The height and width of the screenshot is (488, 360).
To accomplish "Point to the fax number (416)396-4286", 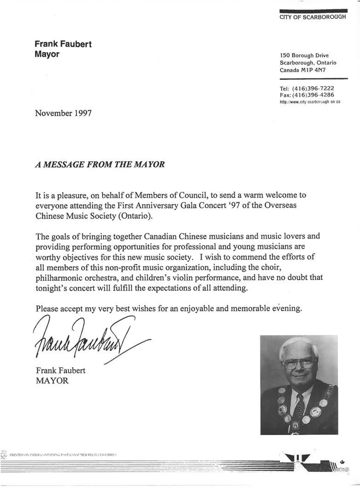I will click(314, 94).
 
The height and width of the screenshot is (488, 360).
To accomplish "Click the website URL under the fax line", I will click(310, 101).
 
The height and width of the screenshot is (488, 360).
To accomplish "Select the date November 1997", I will click(63, 113).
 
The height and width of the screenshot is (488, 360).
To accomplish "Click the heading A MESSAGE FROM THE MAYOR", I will click(99, 164).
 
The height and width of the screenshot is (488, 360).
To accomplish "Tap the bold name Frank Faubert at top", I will click(63, 44).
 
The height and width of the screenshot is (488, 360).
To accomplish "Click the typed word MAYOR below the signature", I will click(51, 380).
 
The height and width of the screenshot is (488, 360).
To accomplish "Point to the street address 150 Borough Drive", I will click(304, 55).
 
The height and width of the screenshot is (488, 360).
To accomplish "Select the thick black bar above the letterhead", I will click(313, 10).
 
